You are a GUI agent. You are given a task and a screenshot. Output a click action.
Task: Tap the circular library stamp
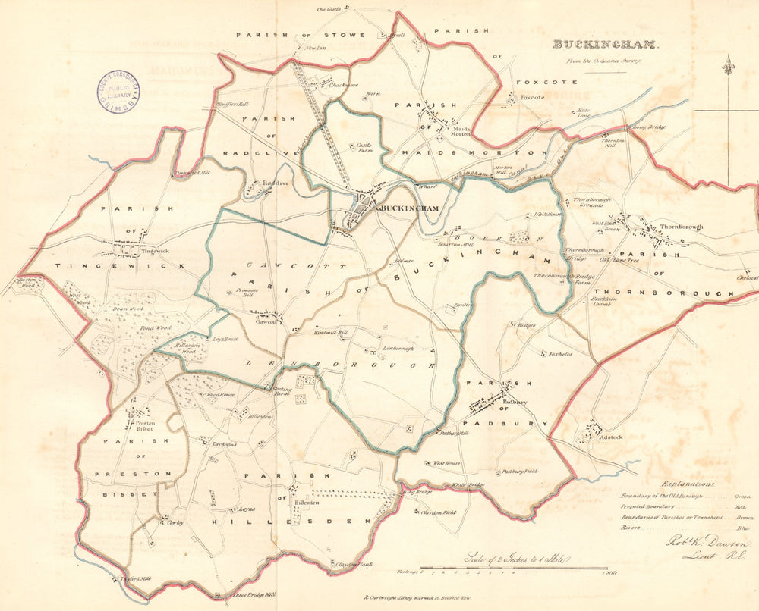[x=118, y=90]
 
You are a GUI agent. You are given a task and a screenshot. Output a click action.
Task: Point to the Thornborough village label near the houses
[x=681, y=227]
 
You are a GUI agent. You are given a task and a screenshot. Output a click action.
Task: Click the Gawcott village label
[x=266, y=321]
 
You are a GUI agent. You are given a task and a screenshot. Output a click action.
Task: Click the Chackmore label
[x=343, y=85]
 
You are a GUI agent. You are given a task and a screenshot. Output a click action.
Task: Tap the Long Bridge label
[x=649, y=127]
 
